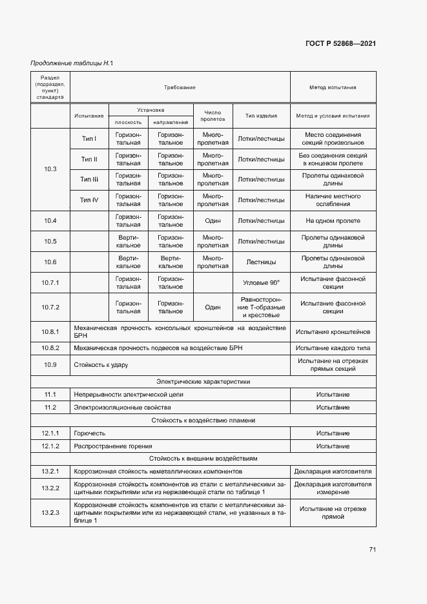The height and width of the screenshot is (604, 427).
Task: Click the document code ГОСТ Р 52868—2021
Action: pyautogui.click(x=340, y=44)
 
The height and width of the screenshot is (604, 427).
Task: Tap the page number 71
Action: pyautogui.click(x=372, y=550)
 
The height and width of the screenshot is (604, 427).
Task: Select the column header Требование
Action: pyautogui.click(x=180, y=87)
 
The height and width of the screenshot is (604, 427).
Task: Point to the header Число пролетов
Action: pyautogui.click(x=213, y=116)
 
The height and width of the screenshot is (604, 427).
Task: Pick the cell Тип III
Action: pyautogui.click(x=89, y=179)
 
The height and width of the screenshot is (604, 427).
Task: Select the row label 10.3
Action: pyautogui.click(x=50, y=169)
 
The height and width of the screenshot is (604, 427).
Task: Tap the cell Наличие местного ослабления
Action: pyautogui.click(x=333, y=200)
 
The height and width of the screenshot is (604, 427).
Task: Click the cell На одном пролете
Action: pyautogui.click(x=333, y=221)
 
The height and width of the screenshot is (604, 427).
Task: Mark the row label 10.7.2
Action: pyautogui.click(x=50, y=307)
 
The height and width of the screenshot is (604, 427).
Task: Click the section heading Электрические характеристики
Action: pyautogui.click(x=203, y=382)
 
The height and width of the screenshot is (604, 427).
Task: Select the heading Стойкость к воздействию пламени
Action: pyautogui.click(x=203, y=420)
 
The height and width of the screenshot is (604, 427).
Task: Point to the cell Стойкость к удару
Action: pyautogui.click(x=101, y=365)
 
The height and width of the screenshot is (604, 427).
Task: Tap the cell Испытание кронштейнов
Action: pyautogui.click(x=333, y=332)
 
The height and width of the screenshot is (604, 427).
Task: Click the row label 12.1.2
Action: pyautogui.click(x=50, y=446)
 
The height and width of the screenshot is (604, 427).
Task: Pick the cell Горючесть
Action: pyautogui.click(x=90, y=433)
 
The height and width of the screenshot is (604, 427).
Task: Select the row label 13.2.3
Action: pyautogui.click(x=50, y=513)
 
